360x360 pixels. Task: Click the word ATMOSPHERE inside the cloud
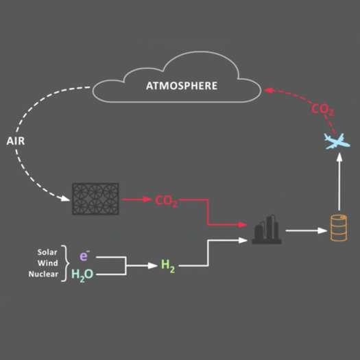[182, 86]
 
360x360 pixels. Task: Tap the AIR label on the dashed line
[16, 141]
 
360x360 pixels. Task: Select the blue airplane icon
[337, 141]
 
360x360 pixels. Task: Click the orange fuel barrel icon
[339, 228]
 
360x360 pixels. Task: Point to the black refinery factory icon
[267, 229]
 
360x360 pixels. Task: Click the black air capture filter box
[95, 199]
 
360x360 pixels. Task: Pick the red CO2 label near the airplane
[322, 110]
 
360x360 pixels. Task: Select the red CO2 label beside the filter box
[167, 201]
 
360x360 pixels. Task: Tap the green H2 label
[168, 266]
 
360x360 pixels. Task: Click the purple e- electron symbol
[84, 256]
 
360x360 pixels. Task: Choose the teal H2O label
[82, 274]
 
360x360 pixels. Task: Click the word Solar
[47, 252]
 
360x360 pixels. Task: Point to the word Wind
[48, 263]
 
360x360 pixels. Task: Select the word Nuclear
[43, 274]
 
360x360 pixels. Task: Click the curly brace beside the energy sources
[65, 263]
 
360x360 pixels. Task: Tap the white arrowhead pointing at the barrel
[322, 230]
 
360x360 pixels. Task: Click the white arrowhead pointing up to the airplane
[340, 157]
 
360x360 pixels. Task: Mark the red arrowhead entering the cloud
[267, 90]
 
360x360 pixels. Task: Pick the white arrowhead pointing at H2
[153, 265]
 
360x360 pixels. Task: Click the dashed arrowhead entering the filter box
[65, 198]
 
